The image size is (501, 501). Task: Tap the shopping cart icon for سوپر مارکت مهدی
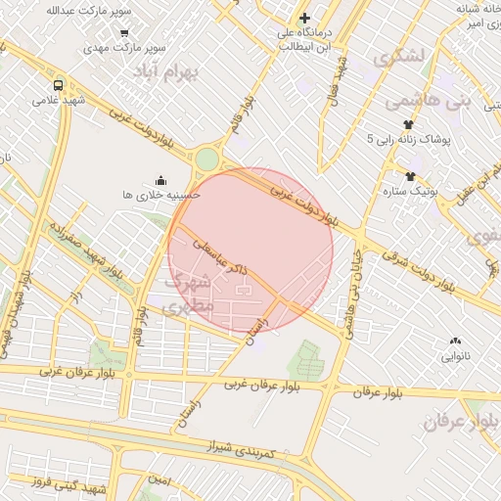(123, 31)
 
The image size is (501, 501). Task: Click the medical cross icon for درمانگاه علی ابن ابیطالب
(305, 18)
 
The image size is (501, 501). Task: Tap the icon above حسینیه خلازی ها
(160, 180)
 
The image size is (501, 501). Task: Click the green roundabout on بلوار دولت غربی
(206, 159)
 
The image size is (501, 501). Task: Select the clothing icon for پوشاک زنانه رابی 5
(408, 124)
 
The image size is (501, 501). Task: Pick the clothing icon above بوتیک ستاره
(410, 176)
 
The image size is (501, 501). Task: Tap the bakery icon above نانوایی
(456, 341)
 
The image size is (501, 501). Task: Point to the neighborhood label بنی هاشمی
(428, 100)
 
